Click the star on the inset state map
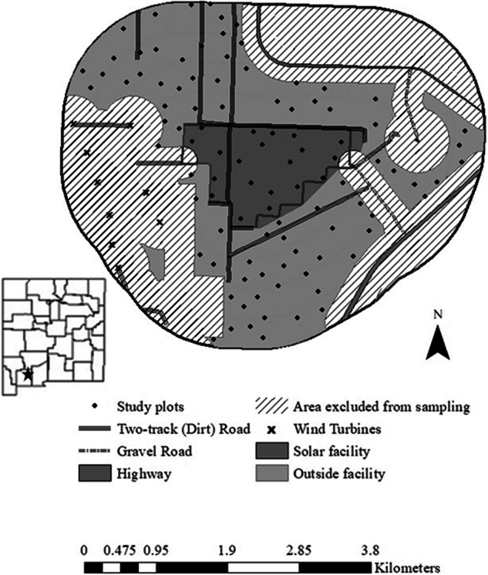coord(29,375)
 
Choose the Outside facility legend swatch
coord(274,473)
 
